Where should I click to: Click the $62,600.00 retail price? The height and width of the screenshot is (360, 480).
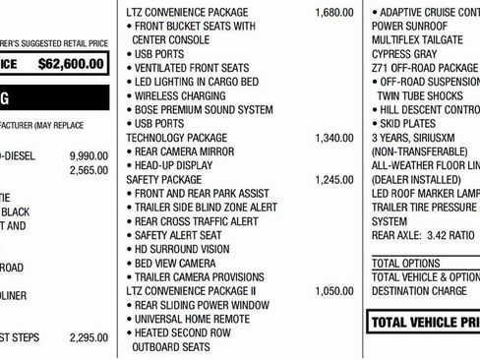pos(69,64)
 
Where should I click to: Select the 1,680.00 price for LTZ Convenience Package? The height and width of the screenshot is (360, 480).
pos(333,12)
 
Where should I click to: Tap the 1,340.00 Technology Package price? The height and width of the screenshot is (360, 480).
pos(333,138)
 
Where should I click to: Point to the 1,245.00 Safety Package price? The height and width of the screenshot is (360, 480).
pos(333,180)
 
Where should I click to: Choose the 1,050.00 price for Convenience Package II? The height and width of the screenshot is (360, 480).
pos(333,291)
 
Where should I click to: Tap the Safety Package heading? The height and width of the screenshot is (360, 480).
pos(164,180)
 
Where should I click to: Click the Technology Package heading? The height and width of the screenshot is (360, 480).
pos(177,138)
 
